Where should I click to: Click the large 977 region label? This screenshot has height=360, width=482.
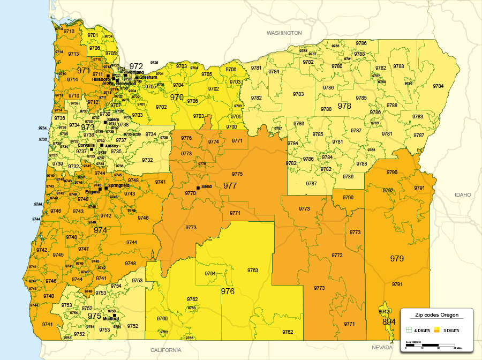(230, 186)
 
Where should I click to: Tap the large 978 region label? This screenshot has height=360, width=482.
(344, 106)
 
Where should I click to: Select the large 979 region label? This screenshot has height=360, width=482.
(397, 259)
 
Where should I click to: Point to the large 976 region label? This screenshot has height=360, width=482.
(228, 291)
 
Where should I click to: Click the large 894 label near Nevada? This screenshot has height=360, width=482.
(389, 322)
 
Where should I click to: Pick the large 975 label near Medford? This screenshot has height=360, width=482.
(94, 316)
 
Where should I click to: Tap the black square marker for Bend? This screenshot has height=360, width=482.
(198, 187)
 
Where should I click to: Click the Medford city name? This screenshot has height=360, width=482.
(111, 319)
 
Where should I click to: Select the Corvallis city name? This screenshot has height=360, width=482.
(86, 145)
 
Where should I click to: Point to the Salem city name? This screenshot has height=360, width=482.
(113, 119)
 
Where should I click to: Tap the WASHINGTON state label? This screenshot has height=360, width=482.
(284, 33)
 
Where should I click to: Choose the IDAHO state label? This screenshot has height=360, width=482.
(462, 194)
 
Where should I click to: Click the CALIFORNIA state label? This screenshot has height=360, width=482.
(165, 350)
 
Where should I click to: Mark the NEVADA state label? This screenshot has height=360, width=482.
(382, 347)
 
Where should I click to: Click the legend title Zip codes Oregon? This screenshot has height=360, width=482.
(436, 315)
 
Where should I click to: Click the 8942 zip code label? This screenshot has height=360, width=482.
(385, 311)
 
